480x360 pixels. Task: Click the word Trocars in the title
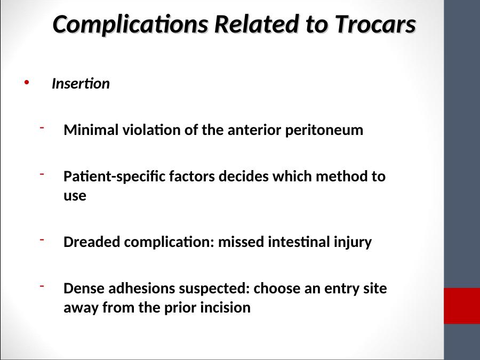point(375,24)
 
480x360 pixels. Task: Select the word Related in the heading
point(257,24)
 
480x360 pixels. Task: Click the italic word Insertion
point(81,84)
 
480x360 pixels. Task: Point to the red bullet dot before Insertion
point(27,82)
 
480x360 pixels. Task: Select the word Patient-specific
point(114,177)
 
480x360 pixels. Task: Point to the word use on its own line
point(75,196)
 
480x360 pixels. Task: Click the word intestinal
point(299,242)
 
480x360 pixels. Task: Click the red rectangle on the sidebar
point(462,306)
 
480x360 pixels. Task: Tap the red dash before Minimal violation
point(42,127)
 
